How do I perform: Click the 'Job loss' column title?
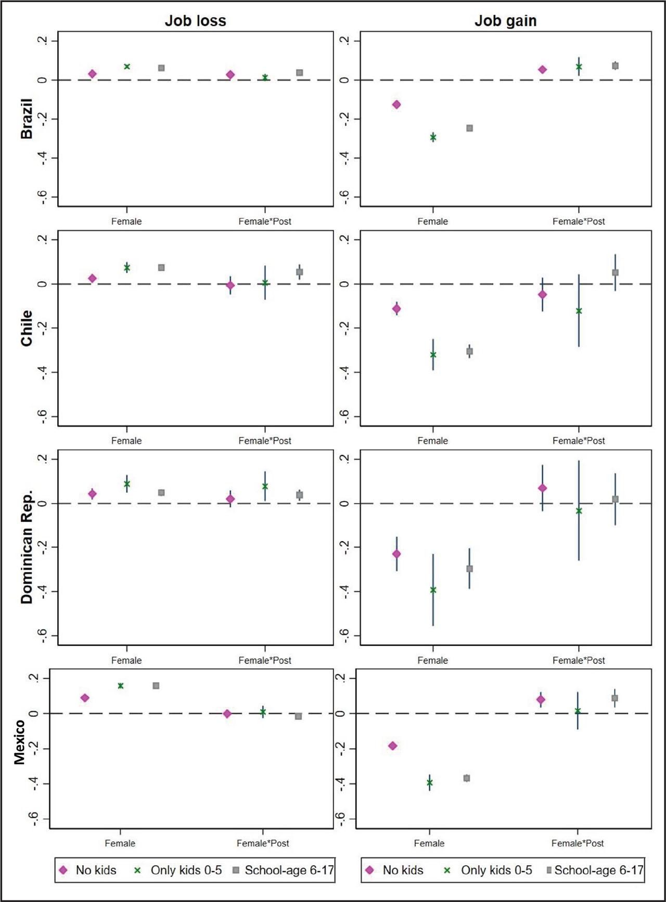pyautogui.click(x=196, y=21)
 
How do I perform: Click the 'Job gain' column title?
pyautogui.click(x=505, y=21)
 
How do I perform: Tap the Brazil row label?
pyautogui.click(x=27, y=119)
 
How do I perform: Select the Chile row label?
pyautogui.click(x=27, y=328)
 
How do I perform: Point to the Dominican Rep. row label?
pyautogui.click(x=27, y=547)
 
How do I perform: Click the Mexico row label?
pyautogui.click(x=20, y=742)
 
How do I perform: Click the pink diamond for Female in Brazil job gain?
pyautogui.click(x=396, y=104)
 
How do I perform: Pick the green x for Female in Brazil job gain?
pyautogui.click(x=433, y=137)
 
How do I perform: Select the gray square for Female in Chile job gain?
pyautogui.click(x=469, y=351)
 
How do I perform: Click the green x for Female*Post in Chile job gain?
pyautogui.click(x=579, y=311)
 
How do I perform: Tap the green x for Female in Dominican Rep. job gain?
pyautogui.click(x=433, y=590)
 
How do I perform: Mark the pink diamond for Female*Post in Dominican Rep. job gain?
pyautogui.click(x=542, y=488)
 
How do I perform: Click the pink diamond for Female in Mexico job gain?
pyautogui.click(x=393, y=746)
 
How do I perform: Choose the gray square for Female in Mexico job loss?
pyautogui.click(x=156, y=686)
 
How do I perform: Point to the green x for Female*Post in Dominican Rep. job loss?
pyautogui.click(x=265, y=487)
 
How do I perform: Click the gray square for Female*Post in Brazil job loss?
pyautogui.click(x=300, y=73)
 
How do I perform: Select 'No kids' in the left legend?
pyautogui.click(x=96, y=870)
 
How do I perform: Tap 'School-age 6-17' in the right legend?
pyautogui.click(x=598, y=870)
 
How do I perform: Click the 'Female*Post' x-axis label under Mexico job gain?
pyautogui.click(x=578, y=843)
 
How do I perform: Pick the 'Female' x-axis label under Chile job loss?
pyautogui.click(x=126, y=441)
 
